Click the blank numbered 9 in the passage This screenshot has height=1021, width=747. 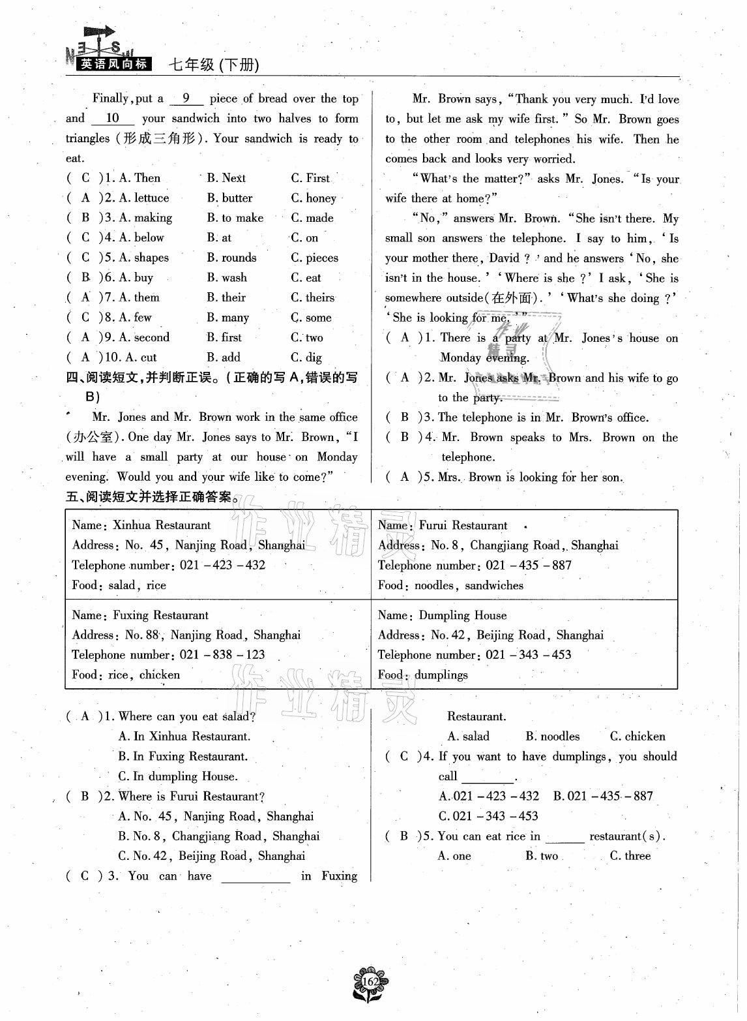[186, 99]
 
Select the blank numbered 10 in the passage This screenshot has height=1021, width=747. [113, 118]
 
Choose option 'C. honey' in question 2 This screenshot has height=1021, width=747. [314, 198]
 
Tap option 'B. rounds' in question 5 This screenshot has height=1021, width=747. [231, 258]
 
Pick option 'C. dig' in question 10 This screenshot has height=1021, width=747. [306, 357]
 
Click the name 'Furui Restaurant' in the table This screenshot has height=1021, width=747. [463, 525]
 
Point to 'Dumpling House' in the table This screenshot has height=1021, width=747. [463, 615]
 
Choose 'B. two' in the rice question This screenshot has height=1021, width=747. [542, 855]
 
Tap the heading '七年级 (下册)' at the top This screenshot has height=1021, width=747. [214, 65]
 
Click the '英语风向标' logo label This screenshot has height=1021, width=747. [113, 64]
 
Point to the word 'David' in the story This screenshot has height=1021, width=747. [506, 258]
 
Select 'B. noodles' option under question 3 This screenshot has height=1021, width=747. [552, 736]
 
